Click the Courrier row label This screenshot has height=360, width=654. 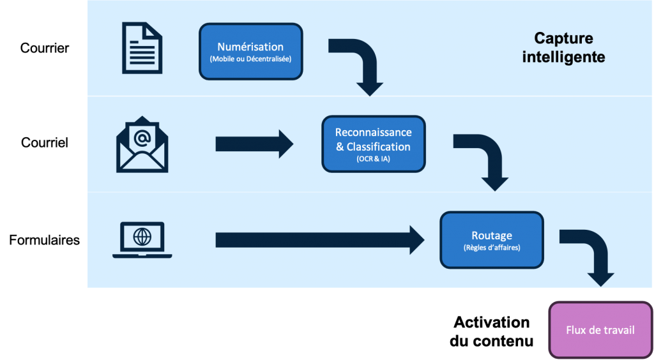45,48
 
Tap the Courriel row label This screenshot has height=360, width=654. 45,142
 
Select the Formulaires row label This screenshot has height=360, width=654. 44,240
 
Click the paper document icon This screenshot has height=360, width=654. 142,48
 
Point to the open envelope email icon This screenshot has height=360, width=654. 142,144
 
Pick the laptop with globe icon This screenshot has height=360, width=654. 142,240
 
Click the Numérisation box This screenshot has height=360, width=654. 250,52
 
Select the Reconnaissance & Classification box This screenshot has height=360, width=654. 373,144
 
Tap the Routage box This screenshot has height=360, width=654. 492,240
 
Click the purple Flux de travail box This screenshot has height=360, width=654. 600,330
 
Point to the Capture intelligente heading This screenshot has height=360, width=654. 563,47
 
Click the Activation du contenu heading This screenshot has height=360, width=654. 491,332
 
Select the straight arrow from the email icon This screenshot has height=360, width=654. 254,144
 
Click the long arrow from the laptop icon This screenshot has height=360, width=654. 320,240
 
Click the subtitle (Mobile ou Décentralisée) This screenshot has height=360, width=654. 250,59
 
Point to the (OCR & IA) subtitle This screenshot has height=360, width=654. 373,159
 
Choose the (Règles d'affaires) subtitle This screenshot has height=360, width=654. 492,248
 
